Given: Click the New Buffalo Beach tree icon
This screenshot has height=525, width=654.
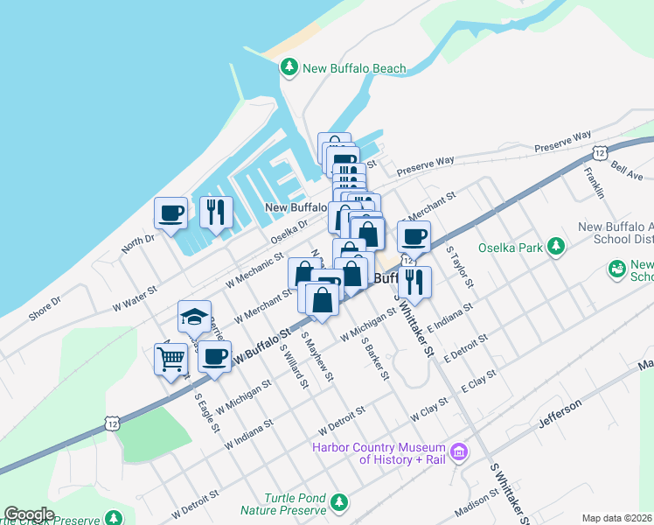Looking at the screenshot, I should pos(289,67).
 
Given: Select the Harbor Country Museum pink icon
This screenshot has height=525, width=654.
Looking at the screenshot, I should pos(458,452).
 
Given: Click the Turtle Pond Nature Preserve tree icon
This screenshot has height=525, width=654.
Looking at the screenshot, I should pos(337,502).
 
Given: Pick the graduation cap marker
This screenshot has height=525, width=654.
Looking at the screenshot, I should pos(194,317).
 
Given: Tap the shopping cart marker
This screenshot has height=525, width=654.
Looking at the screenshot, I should pos(170,357).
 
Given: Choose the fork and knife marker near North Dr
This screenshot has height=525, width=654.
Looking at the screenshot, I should pos(215,211).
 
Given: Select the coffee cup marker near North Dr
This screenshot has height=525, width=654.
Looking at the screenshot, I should pos(170,211).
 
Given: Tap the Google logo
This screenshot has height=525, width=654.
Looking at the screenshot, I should pos(29,514).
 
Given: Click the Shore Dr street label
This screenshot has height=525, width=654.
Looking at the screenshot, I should pos(45,307).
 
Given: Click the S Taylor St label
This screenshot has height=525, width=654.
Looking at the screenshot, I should pos(459,266).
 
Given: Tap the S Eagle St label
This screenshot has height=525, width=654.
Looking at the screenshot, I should pos(206,416).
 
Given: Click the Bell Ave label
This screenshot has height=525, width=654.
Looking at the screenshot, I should pos(627,170).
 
